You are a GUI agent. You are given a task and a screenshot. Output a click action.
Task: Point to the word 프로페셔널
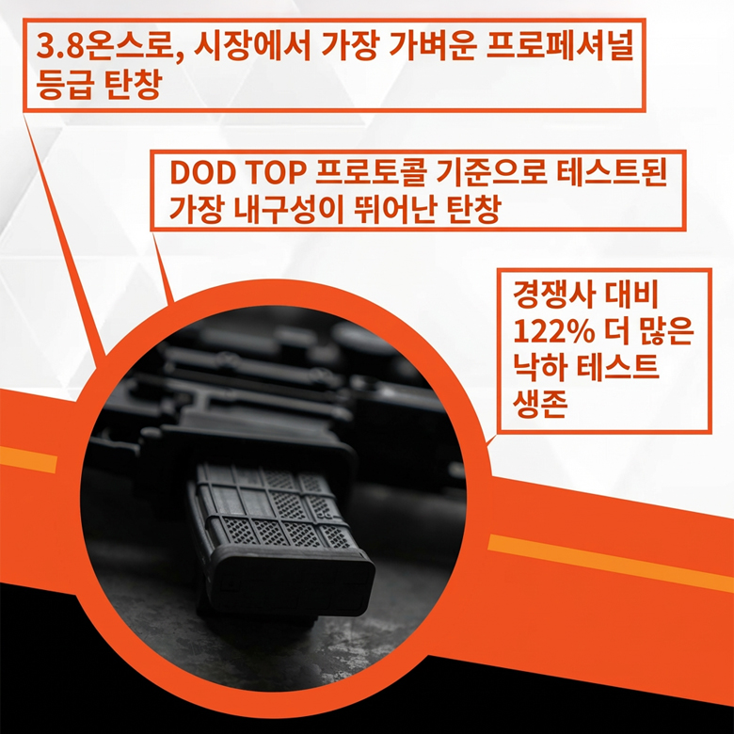560,47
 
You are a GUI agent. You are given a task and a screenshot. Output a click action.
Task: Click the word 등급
64,85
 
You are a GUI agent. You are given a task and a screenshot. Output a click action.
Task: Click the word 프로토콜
370,172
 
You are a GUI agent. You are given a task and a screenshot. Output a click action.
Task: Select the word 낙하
540,366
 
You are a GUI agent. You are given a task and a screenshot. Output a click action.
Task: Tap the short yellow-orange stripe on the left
28,459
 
